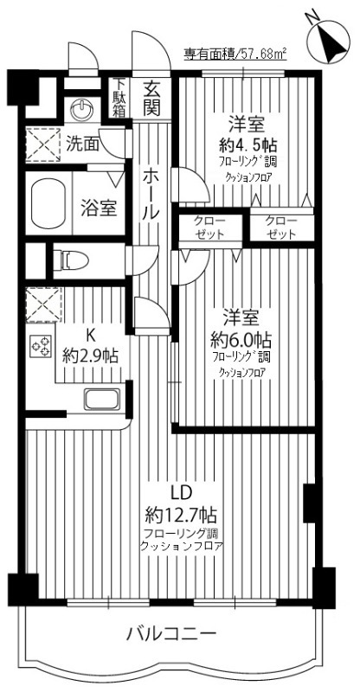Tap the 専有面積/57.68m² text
pos(235,54)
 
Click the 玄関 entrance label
pos(153,98)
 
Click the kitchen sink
pos(103,400)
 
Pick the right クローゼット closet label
pos(282,227)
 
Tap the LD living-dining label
pos(180,492)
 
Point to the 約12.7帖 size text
pos(181,512)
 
